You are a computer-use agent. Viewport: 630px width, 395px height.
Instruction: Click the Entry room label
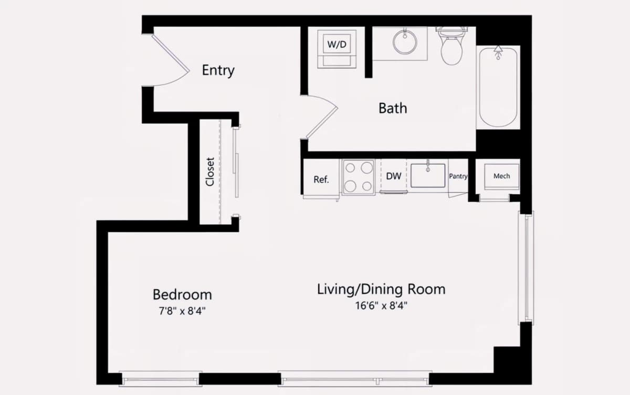click(x=218, y=70)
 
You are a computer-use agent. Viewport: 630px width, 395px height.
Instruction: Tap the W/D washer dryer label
click(x=337, y=44)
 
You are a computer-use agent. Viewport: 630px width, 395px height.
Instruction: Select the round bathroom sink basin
click(x=405, y=43)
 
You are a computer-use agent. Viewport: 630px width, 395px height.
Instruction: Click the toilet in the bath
click(x=451, y=46)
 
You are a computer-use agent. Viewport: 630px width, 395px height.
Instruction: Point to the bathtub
click(x=498, y=87)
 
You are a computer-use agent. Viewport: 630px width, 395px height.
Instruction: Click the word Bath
click(x=393, y=108)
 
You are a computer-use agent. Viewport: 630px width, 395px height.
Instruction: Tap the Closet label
click(x=210, y=172)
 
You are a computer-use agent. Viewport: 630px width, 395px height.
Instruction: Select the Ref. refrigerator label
click(x=321, y=179)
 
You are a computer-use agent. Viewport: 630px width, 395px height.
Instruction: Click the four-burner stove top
click(x=359, y=177)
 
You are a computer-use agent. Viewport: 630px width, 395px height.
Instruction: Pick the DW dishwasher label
click(x=393, y=176)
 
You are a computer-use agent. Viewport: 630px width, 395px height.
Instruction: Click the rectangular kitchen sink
click(x=428, y=175)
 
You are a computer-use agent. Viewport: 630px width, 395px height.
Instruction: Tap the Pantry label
click(x=458, y=176)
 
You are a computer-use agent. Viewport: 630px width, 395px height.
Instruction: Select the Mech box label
click(x=501, y=176)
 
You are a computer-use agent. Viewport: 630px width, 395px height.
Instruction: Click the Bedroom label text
click(x=182, y=295)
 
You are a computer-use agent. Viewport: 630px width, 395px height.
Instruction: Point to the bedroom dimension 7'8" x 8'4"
click(x=182, y=311)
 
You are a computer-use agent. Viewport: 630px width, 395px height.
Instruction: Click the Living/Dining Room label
click(x=381, y=289)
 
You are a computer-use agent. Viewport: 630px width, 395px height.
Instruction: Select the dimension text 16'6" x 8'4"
click(x=381, y=305)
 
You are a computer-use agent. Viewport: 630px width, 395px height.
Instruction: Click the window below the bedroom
click(x=160, y=379)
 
